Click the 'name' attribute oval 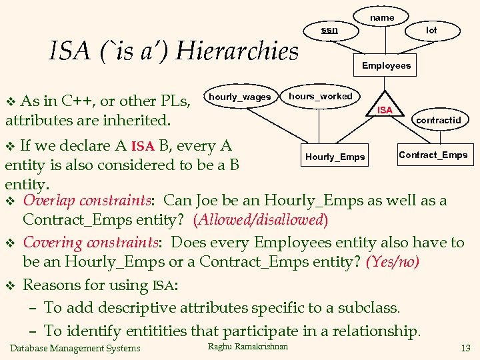382,17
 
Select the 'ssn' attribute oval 329,30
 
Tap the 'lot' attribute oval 431,30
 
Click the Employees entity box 386,65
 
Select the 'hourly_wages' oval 240,97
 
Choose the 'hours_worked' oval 320,97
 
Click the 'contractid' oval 438,120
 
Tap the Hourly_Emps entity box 335,157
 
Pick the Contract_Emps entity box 433,155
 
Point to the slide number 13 465,348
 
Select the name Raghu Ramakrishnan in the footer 248,346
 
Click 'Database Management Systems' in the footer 75,348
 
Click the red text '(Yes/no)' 393,261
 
